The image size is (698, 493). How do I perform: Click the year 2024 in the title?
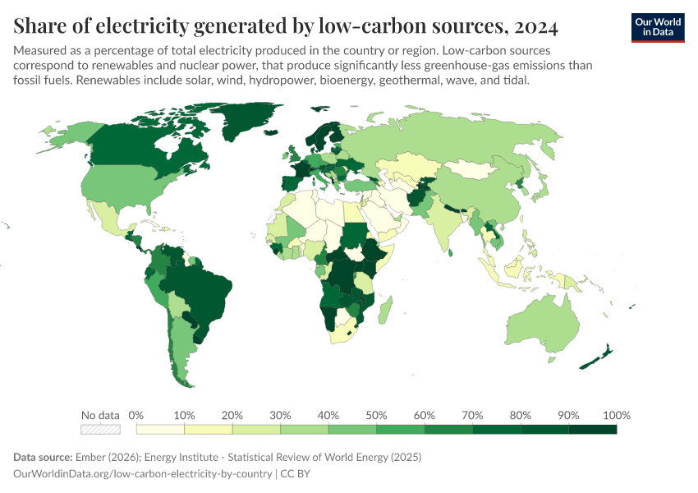coord(536,27)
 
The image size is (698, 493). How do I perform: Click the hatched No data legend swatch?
coord(100,429)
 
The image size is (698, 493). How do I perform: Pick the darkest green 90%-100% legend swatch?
coord(593,429)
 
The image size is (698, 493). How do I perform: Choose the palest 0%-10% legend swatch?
coord(160,429)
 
